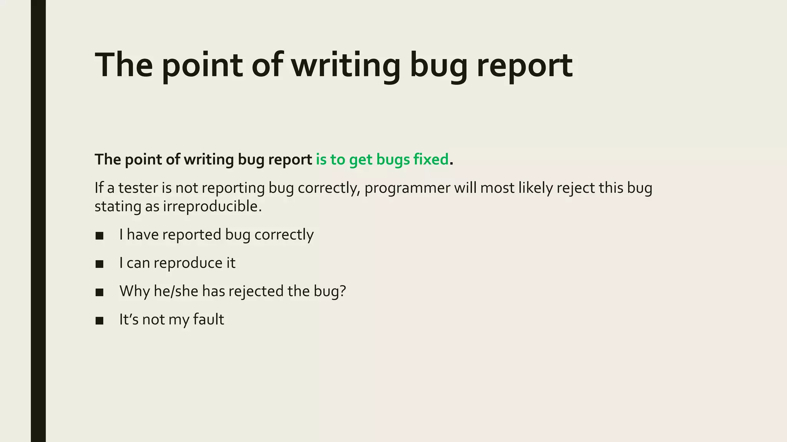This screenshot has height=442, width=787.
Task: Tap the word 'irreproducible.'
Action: pyautogui.click(x=212, y=206)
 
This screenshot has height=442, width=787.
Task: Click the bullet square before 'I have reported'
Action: pyautogui.click(x=100, y=236)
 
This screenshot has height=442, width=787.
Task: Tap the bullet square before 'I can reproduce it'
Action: pyautogui.click(x=100, y=264)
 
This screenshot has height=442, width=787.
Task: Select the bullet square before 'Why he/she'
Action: pyautogui.click(x=100, y=292)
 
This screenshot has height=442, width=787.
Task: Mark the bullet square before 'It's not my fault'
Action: pyautogui.click(x=100, y=321)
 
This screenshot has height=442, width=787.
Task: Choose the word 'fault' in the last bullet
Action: pyautogui.click(x=209, y=319)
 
